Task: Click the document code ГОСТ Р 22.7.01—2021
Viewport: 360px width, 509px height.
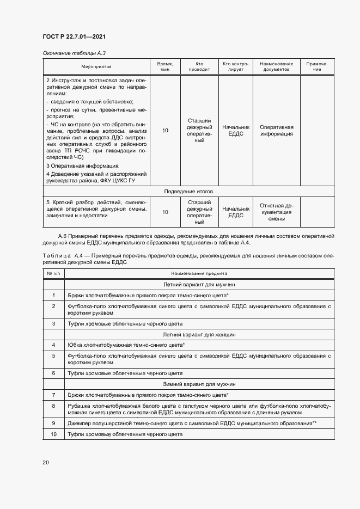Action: (74, 36)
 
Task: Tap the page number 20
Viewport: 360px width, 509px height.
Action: (46, 462)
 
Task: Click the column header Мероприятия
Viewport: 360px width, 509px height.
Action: (96, 66)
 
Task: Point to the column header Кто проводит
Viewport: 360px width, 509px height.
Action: (199, 66)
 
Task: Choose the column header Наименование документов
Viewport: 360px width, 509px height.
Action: (276, 66)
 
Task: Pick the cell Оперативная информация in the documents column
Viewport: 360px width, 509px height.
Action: (276, 130)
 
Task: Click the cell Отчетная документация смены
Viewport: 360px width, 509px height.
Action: (276, 211)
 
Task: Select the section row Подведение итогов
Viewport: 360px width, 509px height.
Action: (188, 192)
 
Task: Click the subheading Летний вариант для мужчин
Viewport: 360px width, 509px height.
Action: (199, 284)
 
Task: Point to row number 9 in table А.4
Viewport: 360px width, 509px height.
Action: (54, 423)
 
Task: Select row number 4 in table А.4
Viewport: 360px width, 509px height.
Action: (54, 345)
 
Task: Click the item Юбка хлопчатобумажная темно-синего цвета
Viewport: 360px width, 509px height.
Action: (126, 345)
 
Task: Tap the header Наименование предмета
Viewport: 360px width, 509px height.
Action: (199, 273)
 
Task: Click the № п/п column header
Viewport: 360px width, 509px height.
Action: (54, 273)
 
